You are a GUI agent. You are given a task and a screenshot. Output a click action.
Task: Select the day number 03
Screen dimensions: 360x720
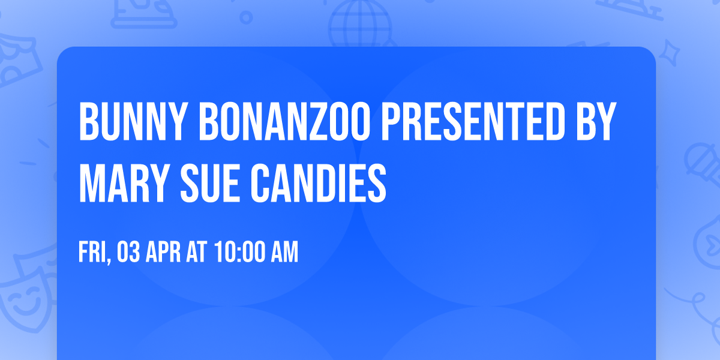tap(130, 253)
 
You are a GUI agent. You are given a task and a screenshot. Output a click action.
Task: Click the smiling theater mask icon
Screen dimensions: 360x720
tap(24, 300)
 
